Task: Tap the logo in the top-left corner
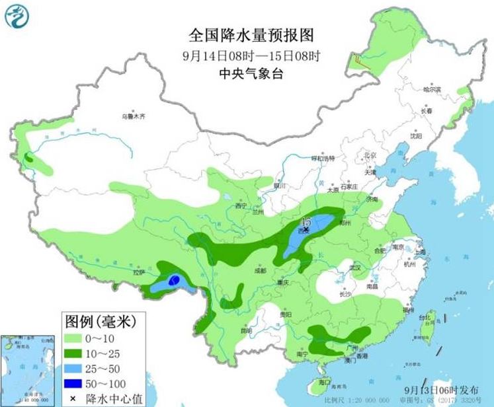[18, 17]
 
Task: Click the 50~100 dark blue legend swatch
[78, 382]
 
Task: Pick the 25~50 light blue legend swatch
[78, 367]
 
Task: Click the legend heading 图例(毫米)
[100, 322]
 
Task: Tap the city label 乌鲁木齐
[132, 116]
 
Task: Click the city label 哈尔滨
[432, 89]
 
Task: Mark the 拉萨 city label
[138, 272]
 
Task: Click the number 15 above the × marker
[307, 221]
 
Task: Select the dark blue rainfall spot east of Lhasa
[174, 281]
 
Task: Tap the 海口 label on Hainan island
[324, 382]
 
